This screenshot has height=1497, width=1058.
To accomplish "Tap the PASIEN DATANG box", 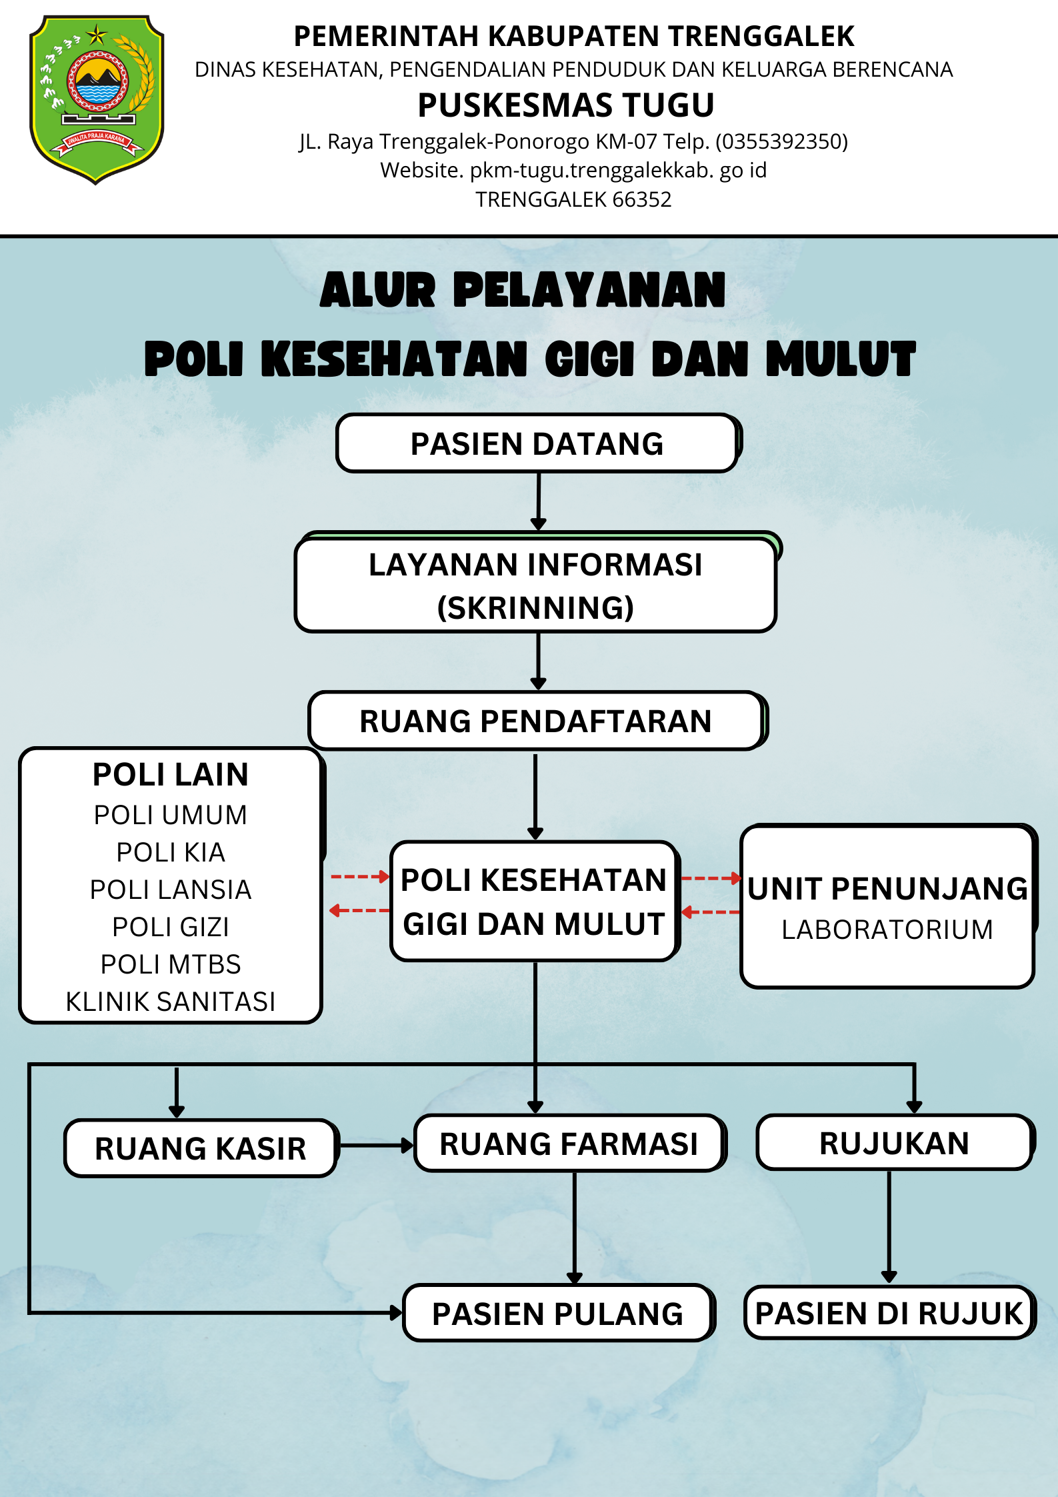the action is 538,443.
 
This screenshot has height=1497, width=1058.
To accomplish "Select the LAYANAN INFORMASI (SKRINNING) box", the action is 537,583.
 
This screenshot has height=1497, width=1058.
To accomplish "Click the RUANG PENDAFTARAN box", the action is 537,721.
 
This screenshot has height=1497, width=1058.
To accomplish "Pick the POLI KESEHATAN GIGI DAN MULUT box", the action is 535,902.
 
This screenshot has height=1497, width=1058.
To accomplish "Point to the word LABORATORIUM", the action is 887,930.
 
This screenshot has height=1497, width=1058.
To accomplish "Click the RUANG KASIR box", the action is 201,1148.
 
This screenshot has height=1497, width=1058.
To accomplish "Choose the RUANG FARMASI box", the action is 569,1144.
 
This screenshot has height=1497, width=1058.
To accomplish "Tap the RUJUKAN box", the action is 895,1143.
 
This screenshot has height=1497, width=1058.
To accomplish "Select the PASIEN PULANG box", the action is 558,1313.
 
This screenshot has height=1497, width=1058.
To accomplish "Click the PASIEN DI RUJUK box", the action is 889,1313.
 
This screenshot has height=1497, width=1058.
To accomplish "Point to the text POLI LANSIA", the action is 171,890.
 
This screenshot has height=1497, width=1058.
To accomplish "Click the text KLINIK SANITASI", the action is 171,1002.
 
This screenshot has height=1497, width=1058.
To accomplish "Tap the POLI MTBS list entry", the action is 171,964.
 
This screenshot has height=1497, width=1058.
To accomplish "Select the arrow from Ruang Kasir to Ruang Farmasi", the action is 377,1146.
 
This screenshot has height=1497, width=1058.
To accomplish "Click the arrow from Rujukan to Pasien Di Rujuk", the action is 889,1227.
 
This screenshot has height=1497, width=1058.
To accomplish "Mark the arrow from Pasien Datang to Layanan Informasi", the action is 539,501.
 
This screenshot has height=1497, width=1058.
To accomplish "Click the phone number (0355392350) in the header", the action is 782,141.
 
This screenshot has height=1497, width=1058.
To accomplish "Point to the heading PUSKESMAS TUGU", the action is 566,105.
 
